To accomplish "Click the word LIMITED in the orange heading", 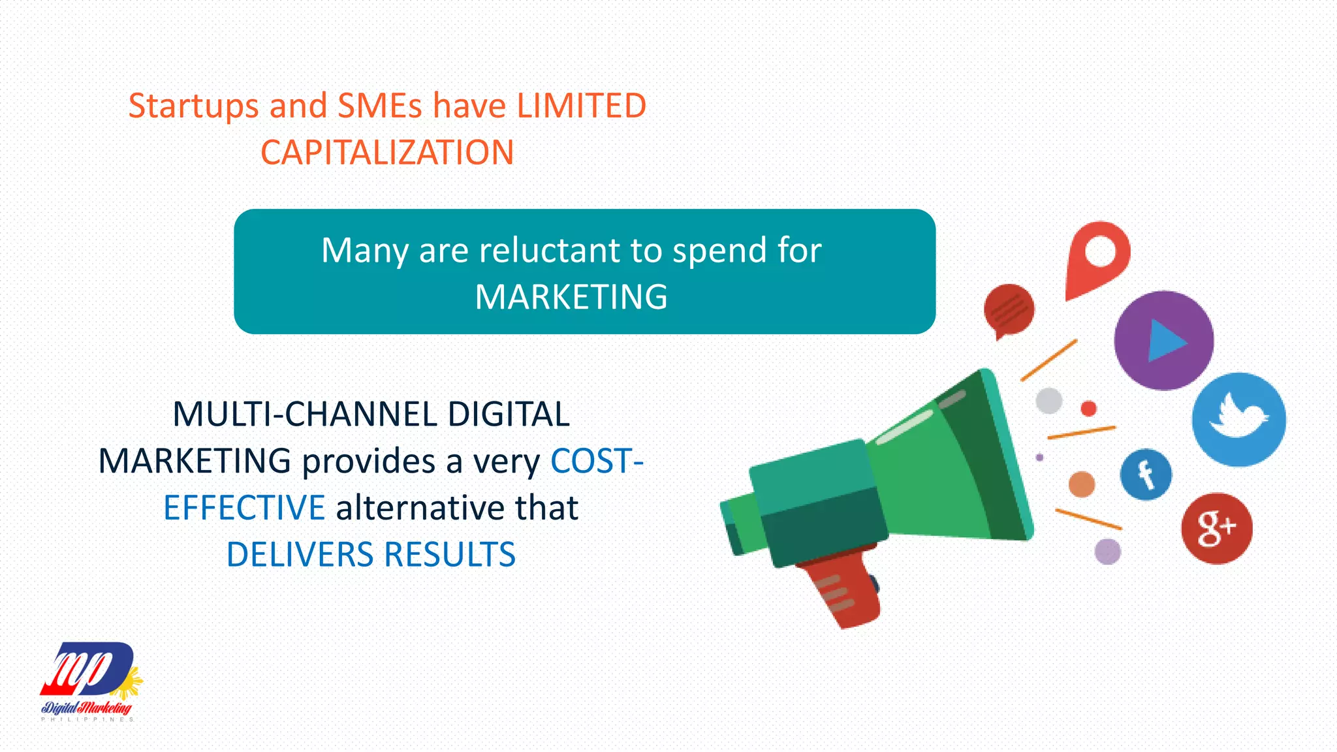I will point(581,106).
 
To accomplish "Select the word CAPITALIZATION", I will point(387,153).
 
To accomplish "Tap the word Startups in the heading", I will point(193,106).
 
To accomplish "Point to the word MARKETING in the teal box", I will point(571,297).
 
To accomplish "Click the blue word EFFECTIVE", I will point(244,508).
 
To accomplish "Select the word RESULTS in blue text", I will point(450,555).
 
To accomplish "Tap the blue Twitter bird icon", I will point(1238,419).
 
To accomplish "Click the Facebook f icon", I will point(1146,475).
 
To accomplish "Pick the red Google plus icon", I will point(1216,528).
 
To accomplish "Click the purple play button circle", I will point(1163,340).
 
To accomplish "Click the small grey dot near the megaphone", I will point(1048,400).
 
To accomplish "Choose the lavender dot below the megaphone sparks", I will point(1107,552).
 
